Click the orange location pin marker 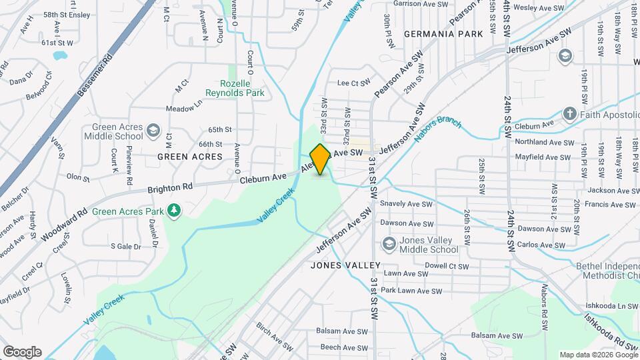[x=320, y=159]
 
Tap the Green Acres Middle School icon [x=153, y=130]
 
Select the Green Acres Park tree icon [x=174, y=211]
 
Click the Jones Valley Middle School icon [x=388, y=244]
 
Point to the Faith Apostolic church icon [x=569, y=113]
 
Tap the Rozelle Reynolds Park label [x=243, y=89]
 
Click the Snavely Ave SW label [x=406, y=204]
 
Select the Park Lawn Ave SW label [x=411, y=291]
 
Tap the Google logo [x=22, y=352]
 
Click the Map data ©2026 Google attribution [x=598, y=355]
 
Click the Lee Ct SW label [x=353, y=83]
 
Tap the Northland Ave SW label [x=544, y=142]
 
